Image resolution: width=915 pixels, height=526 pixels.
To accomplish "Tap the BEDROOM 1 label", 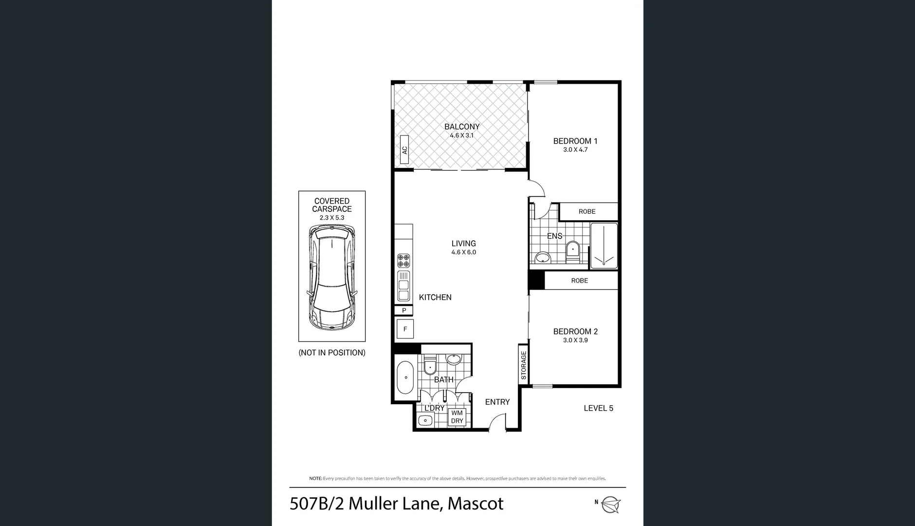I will (575, 141).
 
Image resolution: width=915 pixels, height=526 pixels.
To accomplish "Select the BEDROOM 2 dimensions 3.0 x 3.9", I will (575, 340).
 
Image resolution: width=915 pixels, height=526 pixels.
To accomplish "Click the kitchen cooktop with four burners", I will (403, 261).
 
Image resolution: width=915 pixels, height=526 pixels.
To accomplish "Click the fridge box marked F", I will (405, 329).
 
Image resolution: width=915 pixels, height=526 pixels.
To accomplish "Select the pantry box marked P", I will (403, 311).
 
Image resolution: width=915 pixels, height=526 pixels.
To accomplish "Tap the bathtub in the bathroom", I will (405, 378).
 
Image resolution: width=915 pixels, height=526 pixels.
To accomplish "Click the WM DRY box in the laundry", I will (457, 417).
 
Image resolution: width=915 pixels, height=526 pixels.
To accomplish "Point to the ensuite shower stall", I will (604, 246).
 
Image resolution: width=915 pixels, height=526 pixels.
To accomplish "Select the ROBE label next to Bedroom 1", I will (587, 212).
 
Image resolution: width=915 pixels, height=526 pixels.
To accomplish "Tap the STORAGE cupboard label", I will (524, 365).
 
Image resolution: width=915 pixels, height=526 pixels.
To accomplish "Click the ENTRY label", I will (497, 402).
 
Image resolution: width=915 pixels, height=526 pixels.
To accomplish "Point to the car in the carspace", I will (331, 278).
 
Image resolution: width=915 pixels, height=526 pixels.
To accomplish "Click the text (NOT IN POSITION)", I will (331, 353).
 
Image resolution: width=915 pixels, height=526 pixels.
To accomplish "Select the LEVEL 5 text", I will (598, 409).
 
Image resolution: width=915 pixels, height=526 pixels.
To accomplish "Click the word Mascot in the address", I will (475, 504).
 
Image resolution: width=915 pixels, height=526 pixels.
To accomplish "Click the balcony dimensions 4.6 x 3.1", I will (461, 136).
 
